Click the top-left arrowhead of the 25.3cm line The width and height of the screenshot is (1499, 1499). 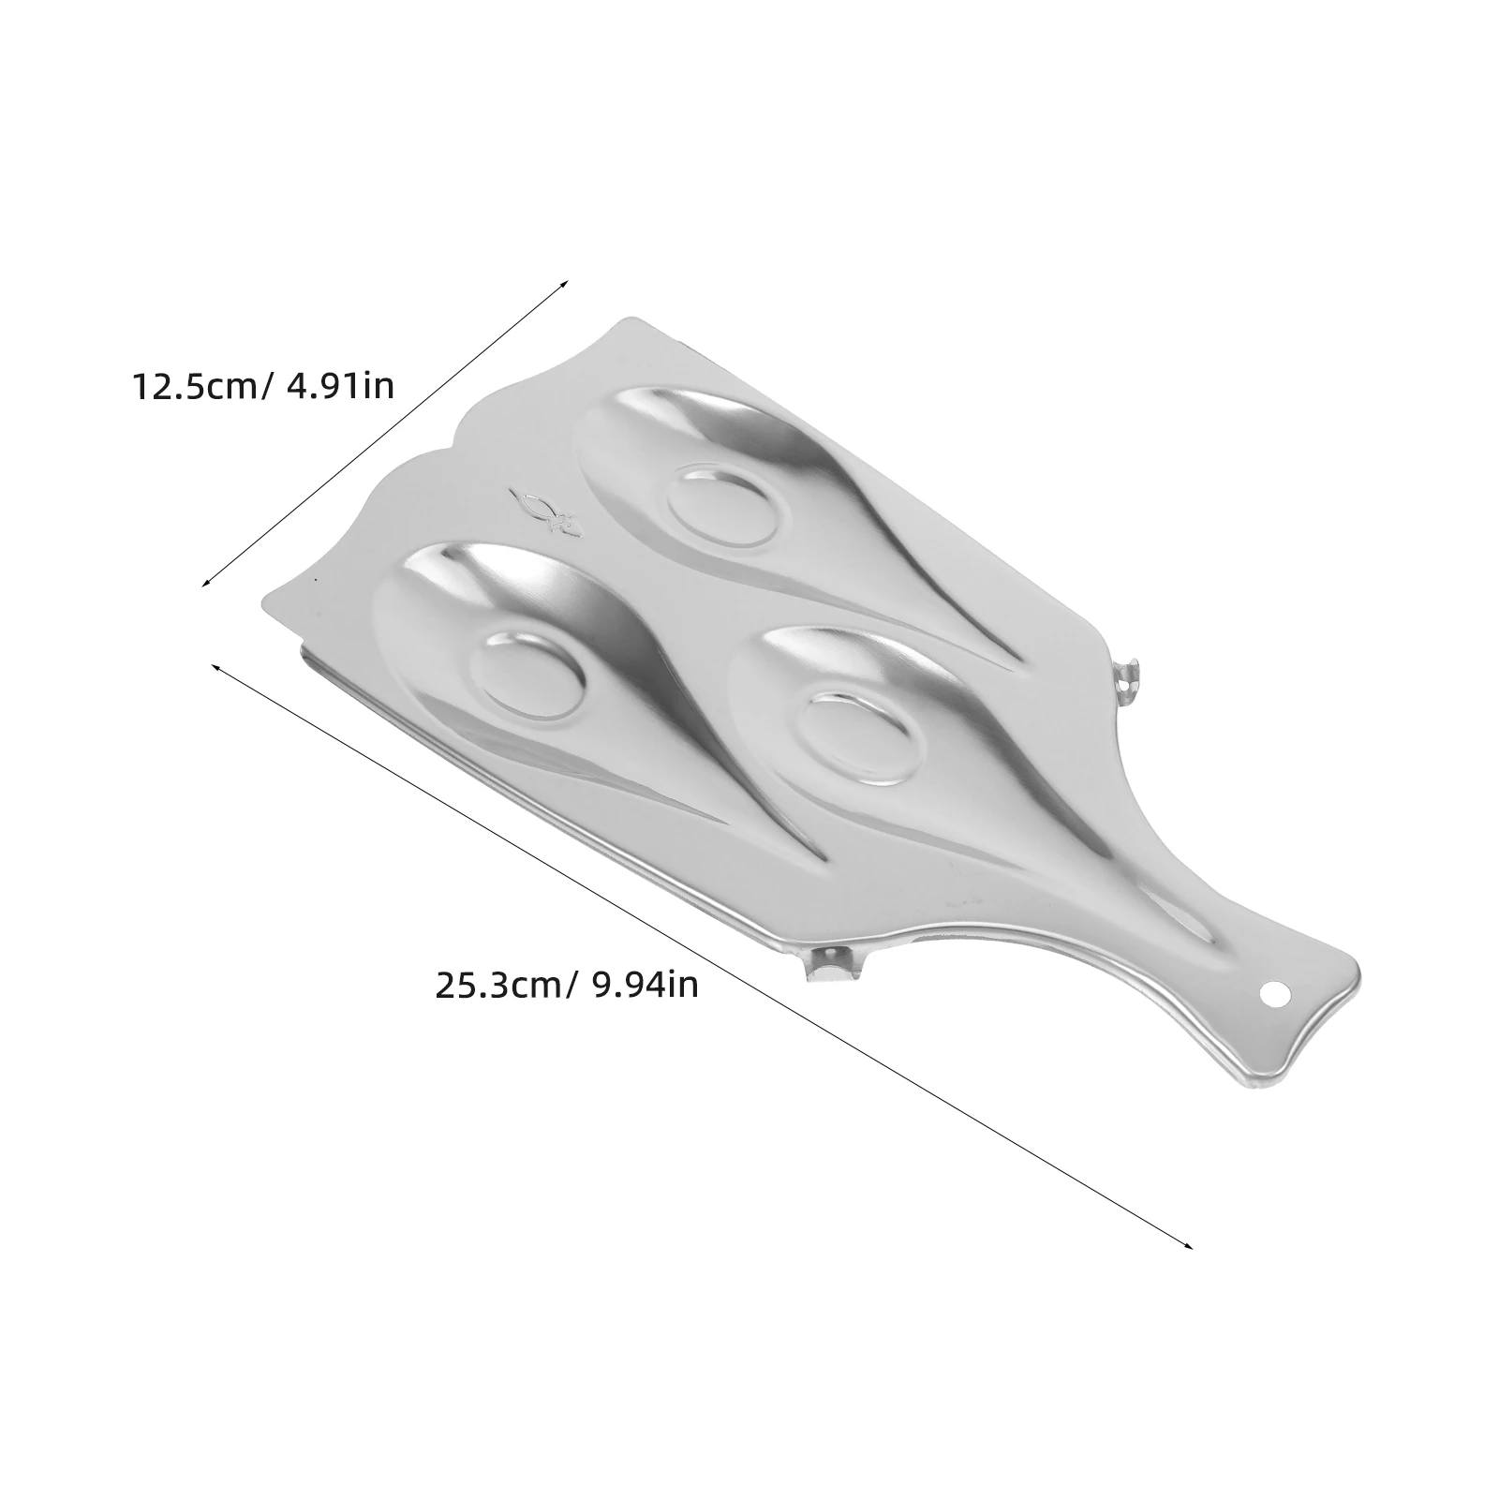tap(215, 666)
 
